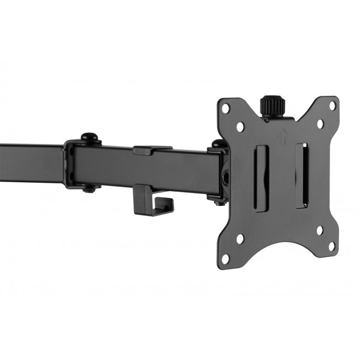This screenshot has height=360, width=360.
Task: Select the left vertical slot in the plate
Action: (x=262, y=177)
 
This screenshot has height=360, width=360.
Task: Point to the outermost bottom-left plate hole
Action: (x=225, y=259)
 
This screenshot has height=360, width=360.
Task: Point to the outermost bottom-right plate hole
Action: (x=332, y=245)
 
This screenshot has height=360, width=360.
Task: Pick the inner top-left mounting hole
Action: (x=240, y=127)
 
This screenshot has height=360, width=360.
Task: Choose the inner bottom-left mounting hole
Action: (x=240, y=239)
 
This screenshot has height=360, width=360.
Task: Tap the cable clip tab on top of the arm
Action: (x=151, y=150)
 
